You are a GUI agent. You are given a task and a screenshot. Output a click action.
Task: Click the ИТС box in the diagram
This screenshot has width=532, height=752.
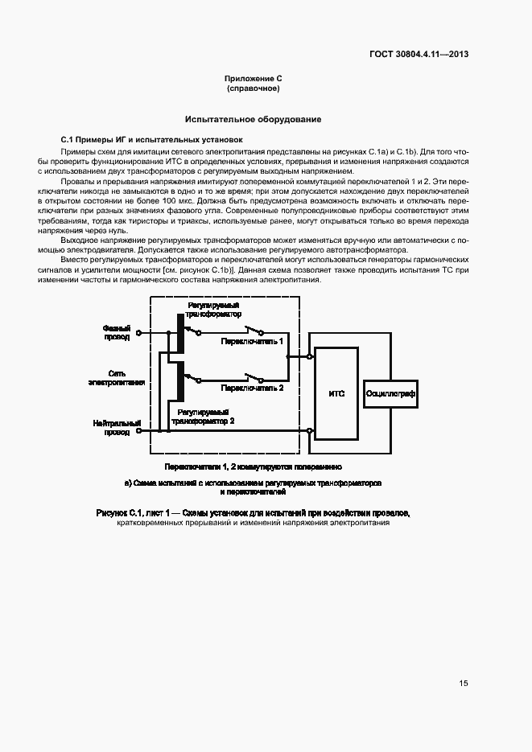(336, 393)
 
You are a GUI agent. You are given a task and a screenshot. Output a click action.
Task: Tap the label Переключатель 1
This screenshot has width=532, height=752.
(253, 342)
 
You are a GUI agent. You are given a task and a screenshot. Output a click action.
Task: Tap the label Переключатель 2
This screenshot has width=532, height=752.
(253, 387)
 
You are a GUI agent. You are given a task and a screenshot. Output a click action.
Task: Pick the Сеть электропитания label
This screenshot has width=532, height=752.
(116, 378)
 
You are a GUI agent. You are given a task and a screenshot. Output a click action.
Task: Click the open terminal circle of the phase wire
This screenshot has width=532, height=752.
(138, 332)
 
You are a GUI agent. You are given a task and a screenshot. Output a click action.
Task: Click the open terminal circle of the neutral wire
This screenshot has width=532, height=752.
(138, 431)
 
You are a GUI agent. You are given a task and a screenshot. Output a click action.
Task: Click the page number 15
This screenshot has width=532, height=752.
(464, 683)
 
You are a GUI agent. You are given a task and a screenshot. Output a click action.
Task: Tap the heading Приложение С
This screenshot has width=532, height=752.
(253, 79)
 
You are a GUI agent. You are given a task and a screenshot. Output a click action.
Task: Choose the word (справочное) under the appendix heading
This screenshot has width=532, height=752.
(253, 88)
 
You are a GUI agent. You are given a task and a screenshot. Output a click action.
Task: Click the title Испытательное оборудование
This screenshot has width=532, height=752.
(253, 119)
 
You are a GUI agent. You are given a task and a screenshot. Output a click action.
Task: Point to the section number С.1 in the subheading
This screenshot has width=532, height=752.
(68, 139)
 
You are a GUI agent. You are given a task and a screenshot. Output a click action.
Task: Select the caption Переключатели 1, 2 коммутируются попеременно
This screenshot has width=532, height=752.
(253, 466)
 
